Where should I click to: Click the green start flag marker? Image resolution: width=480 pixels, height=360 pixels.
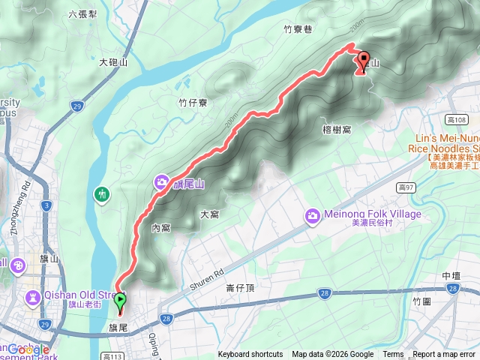[120, 302]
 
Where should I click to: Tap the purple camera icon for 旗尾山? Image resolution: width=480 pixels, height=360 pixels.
[162, 182]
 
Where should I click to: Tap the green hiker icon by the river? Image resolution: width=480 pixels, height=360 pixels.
[103, 195]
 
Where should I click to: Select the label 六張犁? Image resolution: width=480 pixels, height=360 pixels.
[82, 13]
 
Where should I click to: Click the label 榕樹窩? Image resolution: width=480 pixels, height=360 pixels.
[337, 129]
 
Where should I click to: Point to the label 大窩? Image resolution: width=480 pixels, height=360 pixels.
[209, 214]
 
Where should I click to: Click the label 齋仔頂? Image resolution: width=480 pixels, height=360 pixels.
[241, 287]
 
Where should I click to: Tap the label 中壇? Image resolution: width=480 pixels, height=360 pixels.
[451, 276]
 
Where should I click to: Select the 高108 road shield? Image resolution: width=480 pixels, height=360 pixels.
[455, 120]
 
